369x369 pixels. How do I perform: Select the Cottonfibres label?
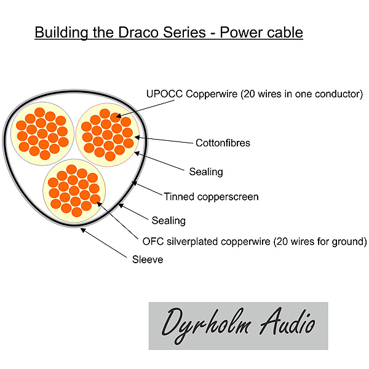pyautogui.click(x=223, y=143)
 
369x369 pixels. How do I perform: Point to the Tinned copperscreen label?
pyautogui.click(x=211, y=197)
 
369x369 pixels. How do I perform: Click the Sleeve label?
pyautogui.click(x=148, y=260)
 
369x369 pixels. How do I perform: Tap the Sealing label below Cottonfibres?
pyautogui.click(x=206, y=172)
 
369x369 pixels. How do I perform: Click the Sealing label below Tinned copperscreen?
pyautogui.click(x=168, y=220)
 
